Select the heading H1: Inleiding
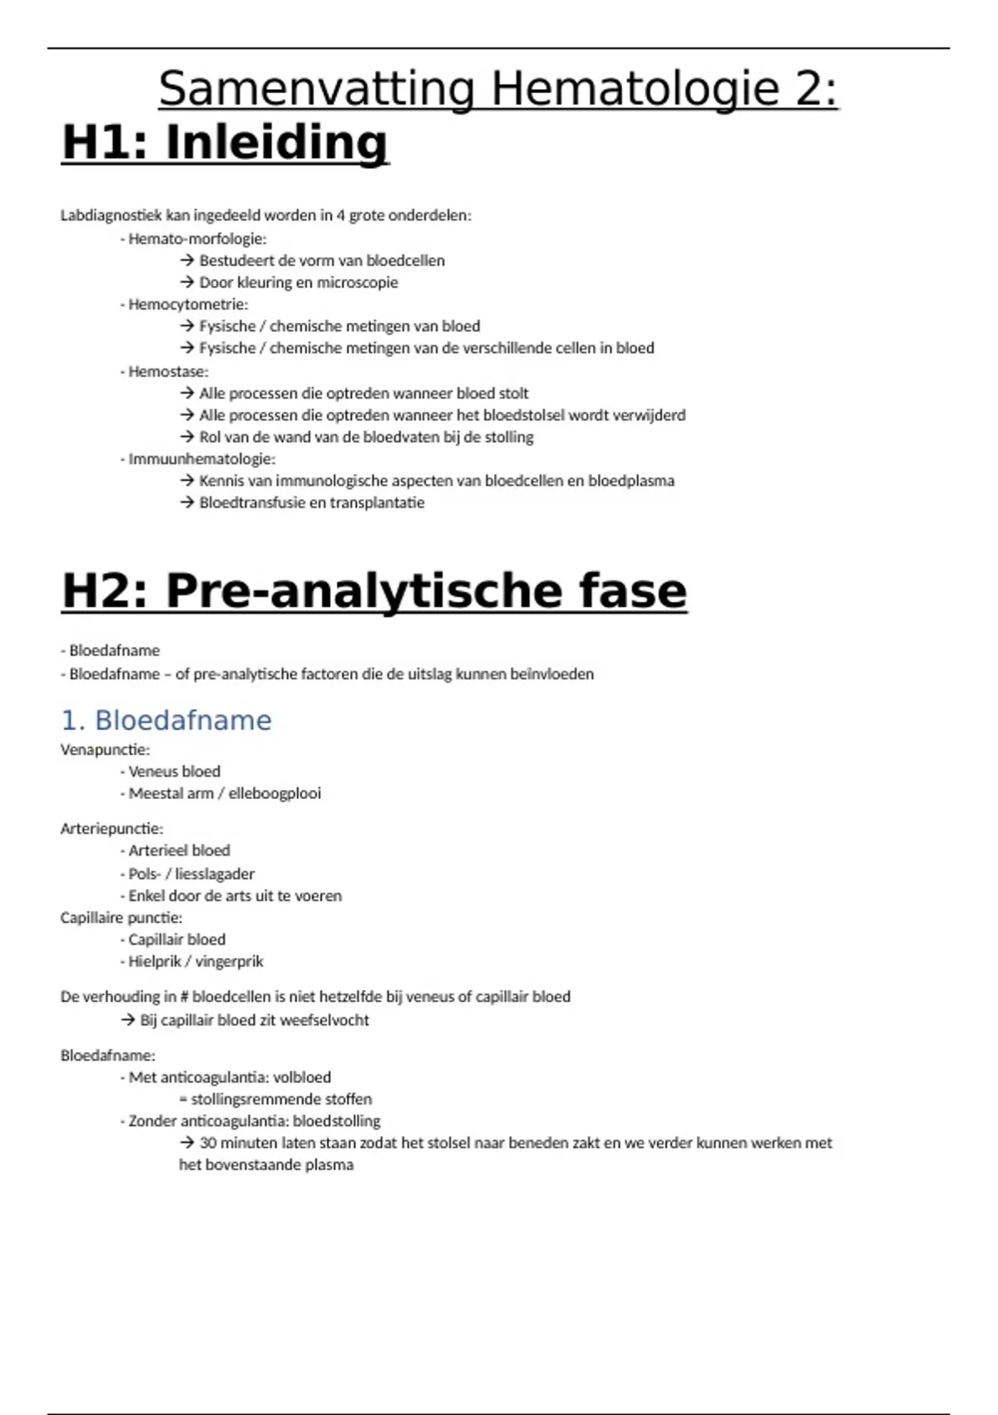[225, 142]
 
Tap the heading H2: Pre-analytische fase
[374, 591]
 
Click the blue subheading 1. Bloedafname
[166, 720]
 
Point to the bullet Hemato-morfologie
[197, 239]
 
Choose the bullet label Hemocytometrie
[188, 305]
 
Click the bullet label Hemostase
[168, 371]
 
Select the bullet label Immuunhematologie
[201, 459]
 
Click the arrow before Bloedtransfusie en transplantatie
[187, 503]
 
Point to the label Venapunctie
[105, 750]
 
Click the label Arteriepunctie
[111, 829]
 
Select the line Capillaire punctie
[121, 918]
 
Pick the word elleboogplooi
[274, 794]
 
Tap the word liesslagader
[215, 874]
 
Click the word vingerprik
[230, 962]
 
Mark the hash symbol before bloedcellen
[185, 997]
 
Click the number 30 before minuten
[208, 1143]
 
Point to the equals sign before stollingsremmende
[183, 1100]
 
